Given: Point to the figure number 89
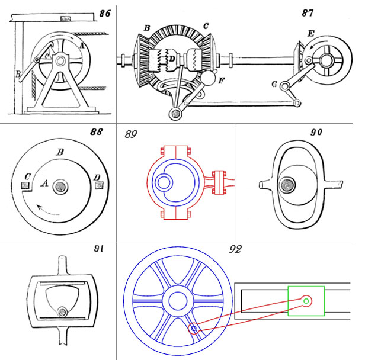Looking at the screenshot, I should pos(132,135).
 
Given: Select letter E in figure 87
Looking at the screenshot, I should pos(312,34).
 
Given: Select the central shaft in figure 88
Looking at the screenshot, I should pos(60,187).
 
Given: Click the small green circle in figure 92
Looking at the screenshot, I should pos(306,301).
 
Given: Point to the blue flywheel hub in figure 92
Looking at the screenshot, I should pos(177,301).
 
